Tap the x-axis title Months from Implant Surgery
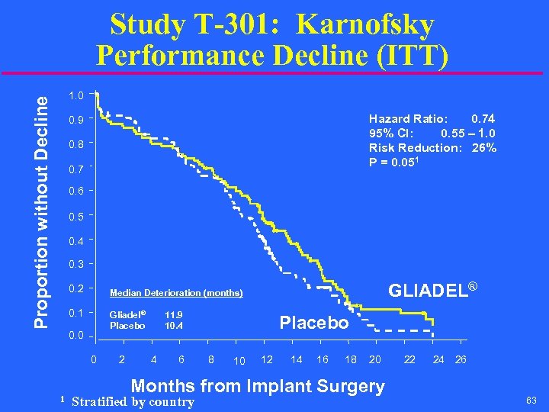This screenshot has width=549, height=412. tap(258, 386)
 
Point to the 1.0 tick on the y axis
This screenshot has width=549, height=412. tap(75, 95)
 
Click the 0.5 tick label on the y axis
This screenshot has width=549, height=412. tap(75, 216)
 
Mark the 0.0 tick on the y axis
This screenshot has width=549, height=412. tap(75, 336)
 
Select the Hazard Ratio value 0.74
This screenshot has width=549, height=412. tap(483, 118)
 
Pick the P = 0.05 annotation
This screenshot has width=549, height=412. tap(396, 162)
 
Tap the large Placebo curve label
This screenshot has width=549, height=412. tap(314, 323)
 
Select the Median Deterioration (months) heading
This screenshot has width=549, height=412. tap(176, 293)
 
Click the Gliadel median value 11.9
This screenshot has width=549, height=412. tap(174, 314)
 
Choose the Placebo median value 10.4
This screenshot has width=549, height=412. tap(174, 327)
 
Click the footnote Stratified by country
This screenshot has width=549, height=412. tap(132, 402)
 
